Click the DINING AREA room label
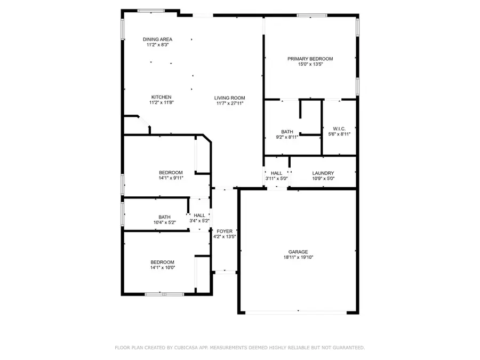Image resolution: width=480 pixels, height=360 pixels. [x=157, y=39]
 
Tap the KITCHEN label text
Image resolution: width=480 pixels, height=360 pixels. [x=161, y=97]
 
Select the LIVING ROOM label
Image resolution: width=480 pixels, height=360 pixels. [x=230, y=98]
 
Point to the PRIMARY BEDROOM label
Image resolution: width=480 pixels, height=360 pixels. [x=310, y=59]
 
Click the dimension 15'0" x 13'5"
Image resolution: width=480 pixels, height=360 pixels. [x=310, y=65]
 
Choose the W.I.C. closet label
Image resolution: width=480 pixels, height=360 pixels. [x=339, y=129]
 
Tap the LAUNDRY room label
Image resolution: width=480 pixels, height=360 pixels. [x=323, y=173]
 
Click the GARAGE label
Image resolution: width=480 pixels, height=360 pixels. [x=299, y=252]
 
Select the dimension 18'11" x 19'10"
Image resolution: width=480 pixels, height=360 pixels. [x=299, y=258]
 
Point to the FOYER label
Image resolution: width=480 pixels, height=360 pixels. [x=225, y=231]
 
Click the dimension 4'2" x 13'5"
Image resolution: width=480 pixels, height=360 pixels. [x=225, y=237]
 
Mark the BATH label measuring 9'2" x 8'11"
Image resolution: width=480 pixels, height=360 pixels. [x=287, y=131]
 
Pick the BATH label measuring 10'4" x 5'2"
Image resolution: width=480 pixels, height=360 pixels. [x=164, y=217]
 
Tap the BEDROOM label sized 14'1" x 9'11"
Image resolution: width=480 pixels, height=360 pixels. [x=171, y=172]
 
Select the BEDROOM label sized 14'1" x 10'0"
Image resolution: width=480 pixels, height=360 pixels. [x=162, y=262]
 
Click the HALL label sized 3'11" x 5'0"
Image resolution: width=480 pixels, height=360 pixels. [x=277, y=173]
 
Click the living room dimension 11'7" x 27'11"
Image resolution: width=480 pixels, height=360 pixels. [x=230, y=103]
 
